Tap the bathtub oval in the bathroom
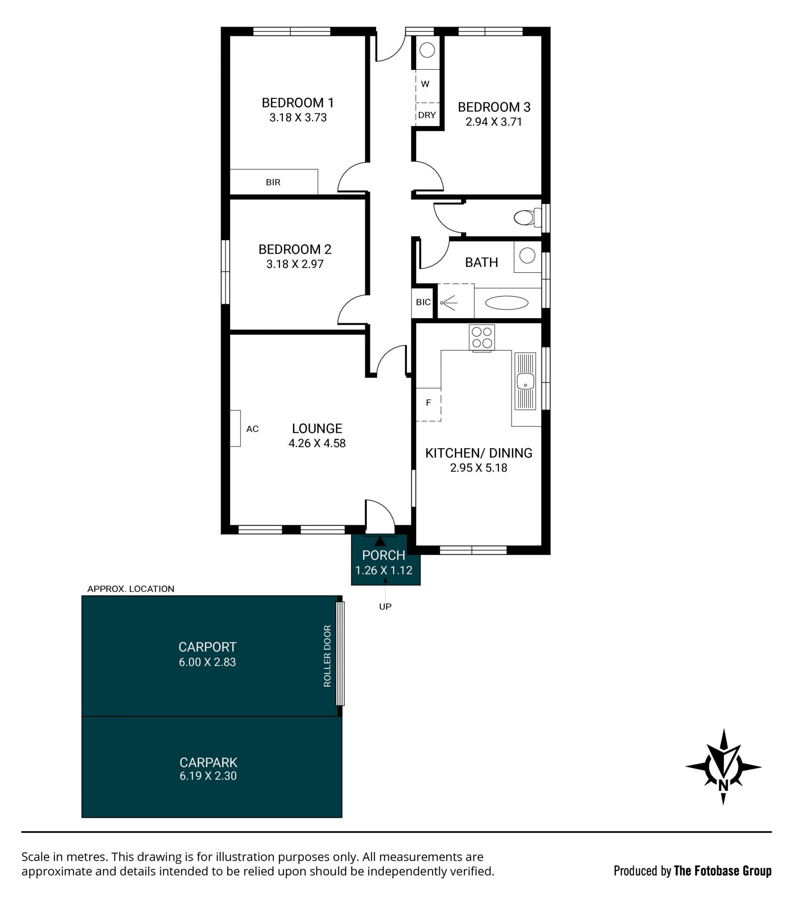pyautogui.click(x=506, y=302)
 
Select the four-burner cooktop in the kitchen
pyautogui.click(x=482, y=338)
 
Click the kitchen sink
pyautogui.click(x=525, y=381)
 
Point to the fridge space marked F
pyautogui.click(x=428, y=404)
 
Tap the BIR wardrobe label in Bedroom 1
pyautogui.click(x=273, y=182)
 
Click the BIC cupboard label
pyautogui.click(x=423, y=302)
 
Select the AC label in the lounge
pyautogui.click(x=252, y=429)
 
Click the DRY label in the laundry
pyautogui.click(x=427, y=115)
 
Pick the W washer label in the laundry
pyautogui.click(x=425, y=84)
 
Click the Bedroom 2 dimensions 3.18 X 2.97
pyautogui.click(x=294, y=264)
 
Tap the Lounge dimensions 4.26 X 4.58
pyautogui.click(x=317, y=444)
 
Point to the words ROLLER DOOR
pyautogui.click(x=327, y=656)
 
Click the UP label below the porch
pyautogui.click(x=385, y=607)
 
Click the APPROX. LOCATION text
pyautogui.click(x=131, y=589)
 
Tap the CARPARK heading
pyautogui.click(x=208, y=762)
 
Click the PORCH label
pyautogui.click(x=384, y=556)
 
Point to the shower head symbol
pyautogui.click(x=449, y=303)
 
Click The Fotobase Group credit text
pyautogui.click(x=722, y=871)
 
